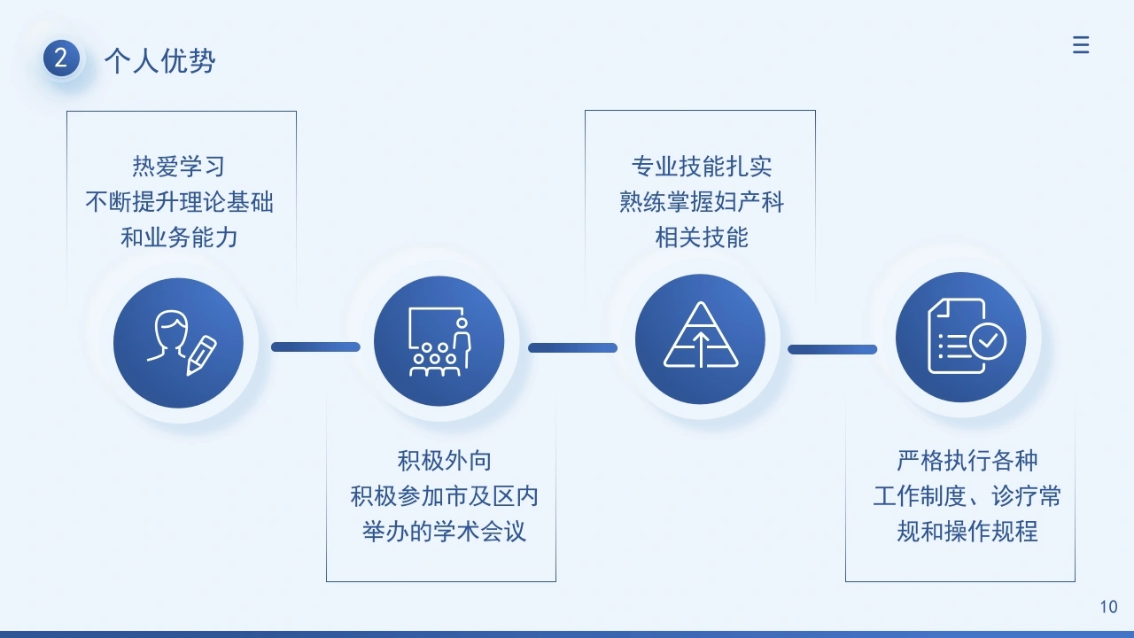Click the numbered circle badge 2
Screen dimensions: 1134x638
click(61, 58)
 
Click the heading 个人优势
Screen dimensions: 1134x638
click(160, 61)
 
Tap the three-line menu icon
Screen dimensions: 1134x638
click(1080, 45)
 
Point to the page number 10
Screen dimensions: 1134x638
click(1108, 607)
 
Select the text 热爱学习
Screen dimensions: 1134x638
click(179, 166)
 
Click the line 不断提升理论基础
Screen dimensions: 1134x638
click(179, 201)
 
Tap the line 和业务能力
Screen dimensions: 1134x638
click(179, 237)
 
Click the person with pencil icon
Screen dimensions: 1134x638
click(182, 343)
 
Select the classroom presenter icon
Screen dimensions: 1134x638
click(439, 342)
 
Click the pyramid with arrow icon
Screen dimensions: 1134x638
click(701, 335)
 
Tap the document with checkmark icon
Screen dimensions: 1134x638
click(967, 336)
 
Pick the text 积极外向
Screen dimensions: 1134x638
click(444, 461)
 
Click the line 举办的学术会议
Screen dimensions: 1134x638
click(444, 532)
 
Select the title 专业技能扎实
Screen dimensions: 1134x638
click(702, 166)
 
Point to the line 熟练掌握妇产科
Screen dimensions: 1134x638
click(702, 201)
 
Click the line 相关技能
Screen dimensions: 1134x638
click(702, 237)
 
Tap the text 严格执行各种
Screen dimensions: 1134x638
click(967, 461)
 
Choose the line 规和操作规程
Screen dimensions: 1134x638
click(967, 532)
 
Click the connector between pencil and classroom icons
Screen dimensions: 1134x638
click(316, 346)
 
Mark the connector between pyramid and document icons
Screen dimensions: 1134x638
click(832, 349)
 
